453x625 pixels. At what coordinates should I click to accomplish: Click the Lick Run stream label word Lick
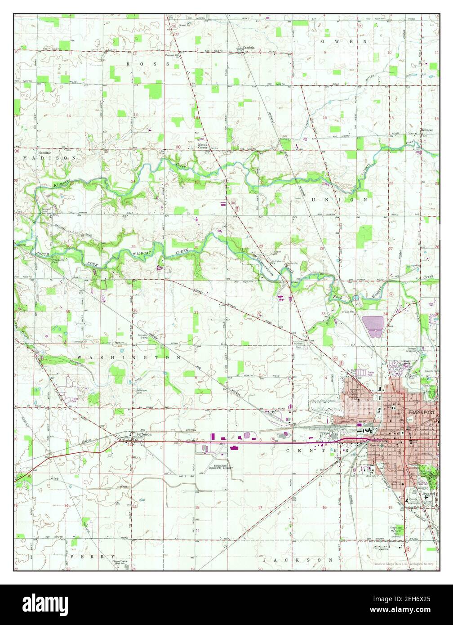[x=55, y=478]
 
